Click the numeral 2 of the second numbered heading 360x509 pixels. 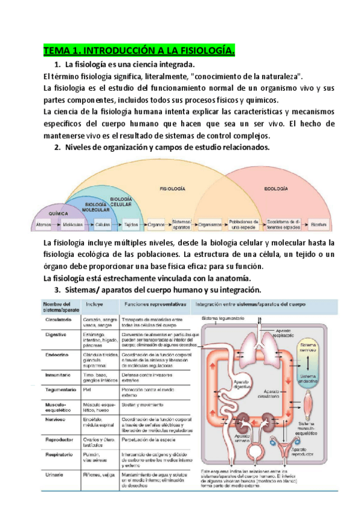coord(57,147)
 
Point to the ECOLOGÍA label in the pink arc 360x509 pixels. coord(277,189)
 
